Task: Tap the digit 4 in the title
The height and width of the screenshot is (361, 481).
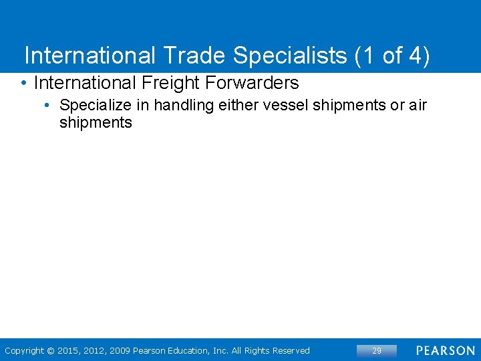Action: pyautogui.click(x=417, y=55)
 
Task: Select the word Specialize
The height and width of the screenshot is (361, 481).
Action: pyautogui.click(x=92, y=106)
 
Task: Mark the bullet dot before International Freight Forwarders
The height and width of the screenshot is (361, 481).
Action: pyautogui.click(x=23, y=84)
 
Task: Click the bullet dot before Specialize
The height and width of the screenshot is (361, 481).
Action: pyautogui.click(x=49, y=106)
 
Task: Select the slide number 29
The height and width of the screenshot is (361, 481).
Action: pyautogui.click(x=377, y=350)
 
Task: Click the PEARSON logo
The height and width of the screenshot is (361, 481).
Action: pyautogui.click(x=445, y=350)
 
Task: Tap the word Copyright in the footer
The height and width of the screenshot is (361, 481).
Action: pyautogui.click(x=24, y=350)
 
